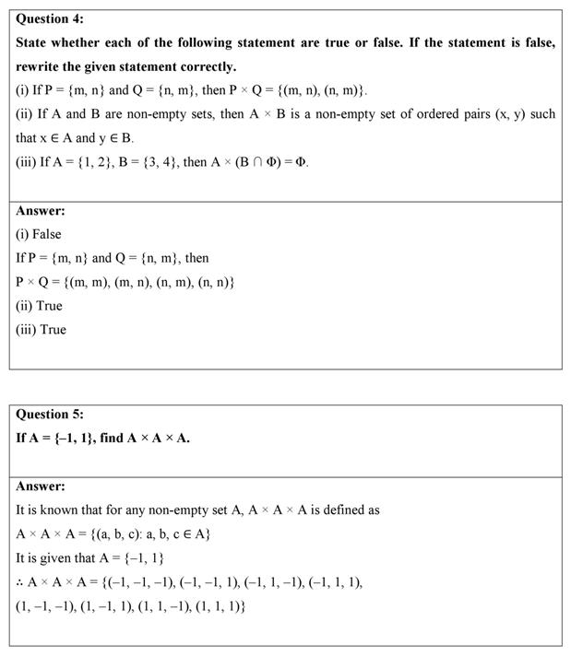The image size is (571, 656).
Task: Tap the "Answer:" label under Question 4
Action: tap(40, 210)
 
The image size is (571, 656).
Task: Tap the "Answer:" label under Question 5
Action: tap(40, 486)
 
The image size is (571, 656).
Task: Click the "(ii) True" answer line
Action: tap(39, 306)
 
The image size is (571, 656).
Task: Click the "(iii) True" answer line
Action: tap(41, 330)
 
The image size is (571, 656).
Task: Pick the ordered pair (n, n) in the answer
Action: tap(214, 282)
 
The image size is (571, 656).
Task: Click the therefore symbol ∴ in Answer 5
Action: tap(20, 582)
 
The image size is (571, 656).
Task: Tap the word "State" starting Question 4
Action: tap(33, 42)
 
